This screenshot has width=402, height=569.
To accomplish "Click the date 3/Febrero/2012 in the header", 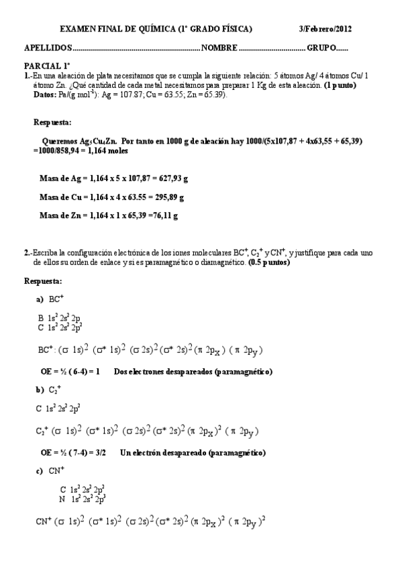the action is [x=325, y=30].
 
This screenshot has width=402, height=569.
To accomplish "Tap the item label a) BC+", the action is [x=50, y=299].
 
